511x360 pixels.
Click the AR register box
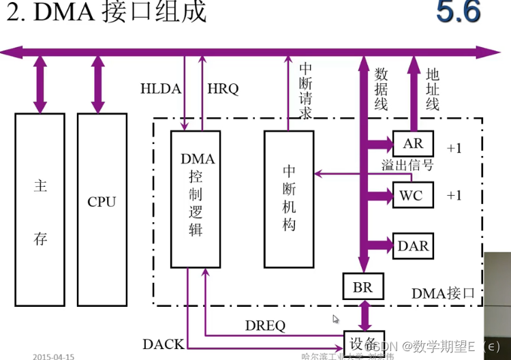[413, 144]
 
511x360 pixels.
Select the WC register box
[411, 196]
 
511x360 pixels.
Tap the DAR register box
[413, 245]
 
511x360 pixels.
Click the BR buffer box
[363, 287]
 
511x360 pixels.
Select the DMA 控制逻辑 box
[196, 198]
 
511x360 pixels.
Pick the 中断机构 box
[289, 198]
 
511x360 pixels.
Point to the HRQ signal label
[223, 89]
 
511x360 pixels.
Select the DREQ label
[265, 326]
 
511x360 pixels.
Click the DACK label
[163, 344]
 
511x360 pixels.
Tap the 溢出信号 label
[407, 166]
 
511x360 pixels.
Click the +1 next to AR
[454, 147]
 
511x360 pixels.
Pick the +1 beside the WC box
[454, 196]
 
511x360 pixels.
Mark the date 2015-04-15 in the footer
[53, 356]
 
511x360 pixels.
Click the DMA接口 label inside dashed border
[442, 293]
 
